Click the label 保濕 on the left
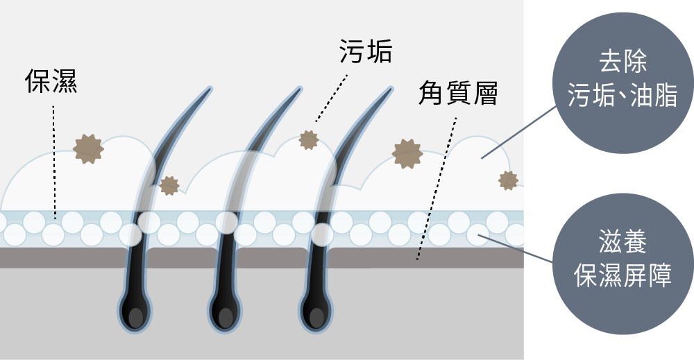tap(51, 82)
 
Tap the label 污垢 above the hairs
tap(366, 51)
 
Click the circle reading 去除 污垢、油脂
tap(622, 83)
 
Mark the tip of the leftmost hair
tap(209, 89)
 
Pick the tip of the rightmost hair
tap(390, 89)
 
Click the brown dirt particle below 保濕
tap(88, 147)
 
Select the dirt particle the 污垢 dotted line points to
tap(308, 139)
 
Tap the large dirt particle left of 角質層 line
tap(407, 153)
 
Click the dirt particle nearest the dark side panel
tap(508, 180)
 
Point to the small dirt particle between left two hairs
tap(169, 185)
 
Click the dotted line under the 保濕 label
tap(54, 160)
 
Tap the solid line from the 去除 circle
tap(519, 132)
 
